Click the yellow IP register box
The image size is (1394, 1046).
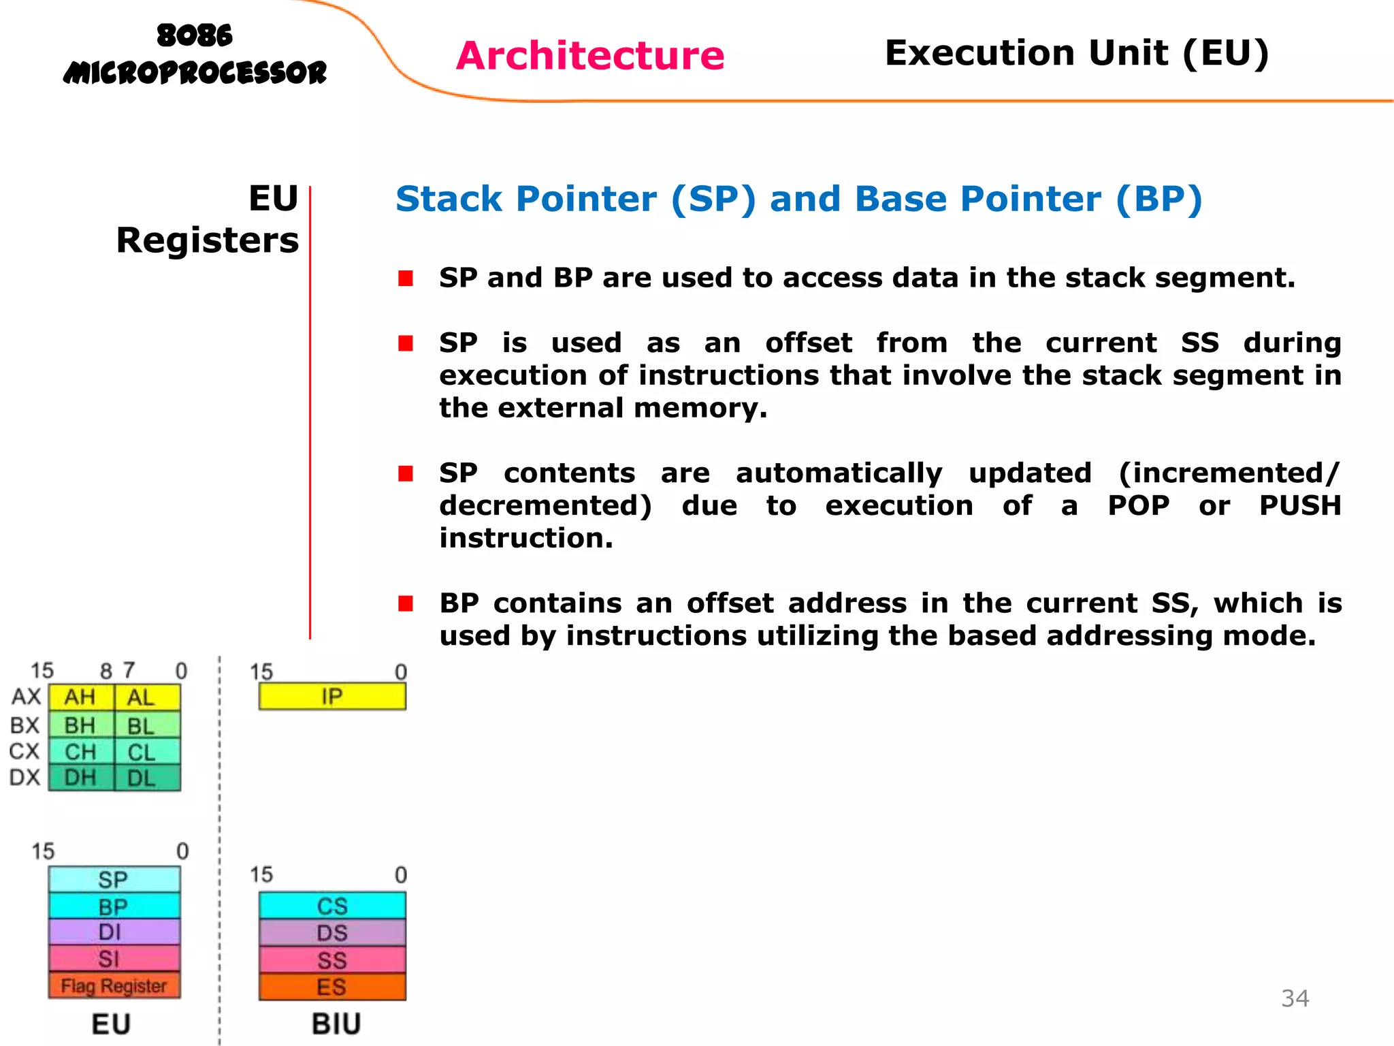332,697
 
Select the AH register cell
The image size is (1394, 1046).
80,697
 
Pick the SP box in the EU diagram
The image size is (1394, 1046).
114,879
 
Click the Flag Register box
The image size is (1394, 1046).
114,985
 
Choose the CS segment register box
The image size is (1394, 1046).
332,906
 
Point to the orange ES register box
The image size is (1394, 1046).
332,987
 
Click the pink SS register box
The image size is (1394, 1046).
332,960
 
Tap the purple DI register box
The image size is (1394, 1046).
114,932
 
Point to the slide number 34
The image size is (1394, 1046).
1295,998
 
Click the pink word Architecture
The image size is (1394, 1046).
590,55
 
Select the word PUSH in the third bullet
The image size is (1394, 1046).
1299,505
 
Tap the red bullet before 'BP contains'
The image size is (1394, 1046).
406,603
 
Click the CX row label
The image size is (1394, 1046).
25,751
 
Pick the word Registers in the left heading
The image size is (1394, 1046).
208,240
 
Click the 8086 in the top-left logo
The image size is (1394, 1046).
195,35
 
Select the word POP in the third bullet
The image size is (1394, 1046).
1138,505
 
